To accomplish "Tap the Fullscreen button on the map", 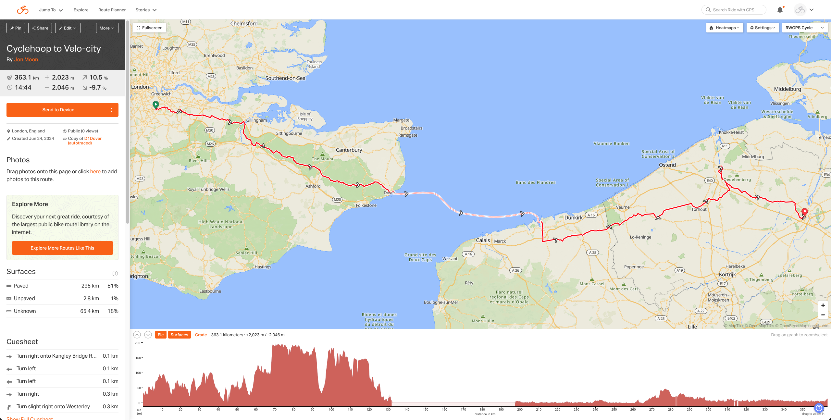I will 150,28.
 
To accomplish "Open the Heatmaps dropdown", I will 725,28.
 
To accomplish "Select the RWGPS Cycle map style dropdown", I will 804,28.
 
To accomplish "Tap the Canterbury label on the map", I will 349,150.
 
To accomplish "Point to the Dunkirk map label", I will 573,217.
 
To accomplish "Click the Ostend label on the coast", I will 667,165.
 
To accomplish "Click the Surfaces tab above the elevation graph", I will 179,335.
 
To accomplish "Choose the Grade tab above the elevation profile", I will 201,335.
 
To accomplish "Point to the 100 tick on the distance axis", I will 331,409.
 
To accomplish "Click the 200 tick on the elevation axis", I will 138,343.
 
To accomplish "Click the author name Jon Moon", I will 26,60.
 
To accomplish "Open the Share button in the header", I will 40,28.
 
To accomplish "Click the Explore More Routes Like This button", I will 62,248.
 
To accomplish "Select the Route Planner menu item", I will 112,10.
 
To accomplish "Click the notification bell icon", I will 780,10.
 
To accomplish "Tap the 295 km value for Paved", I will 90,286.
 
